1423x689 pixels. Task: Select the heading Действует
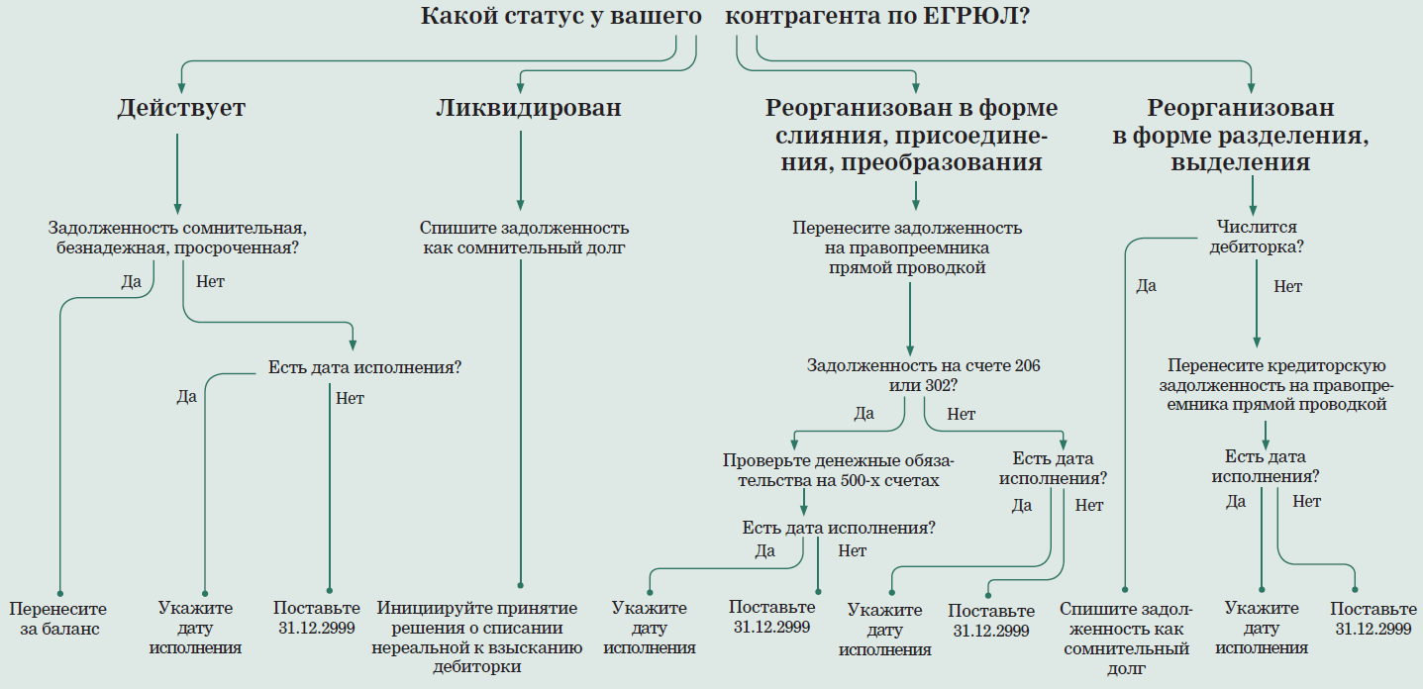tap(181, 108)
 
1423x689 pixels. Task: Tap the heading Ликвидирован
tap(528, 108)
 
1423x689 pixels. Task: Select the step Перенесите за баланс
tap(57, 619)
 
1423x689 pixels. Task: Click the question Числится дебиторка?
tap(1257, 238)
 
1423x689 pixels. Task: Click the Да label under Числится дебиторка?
tap(1146, 286)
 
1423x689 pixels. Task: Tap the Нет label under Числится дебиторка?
tap(1287, 287)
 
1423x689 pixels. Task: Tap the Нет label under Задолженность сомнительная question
tap(211, 281)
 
